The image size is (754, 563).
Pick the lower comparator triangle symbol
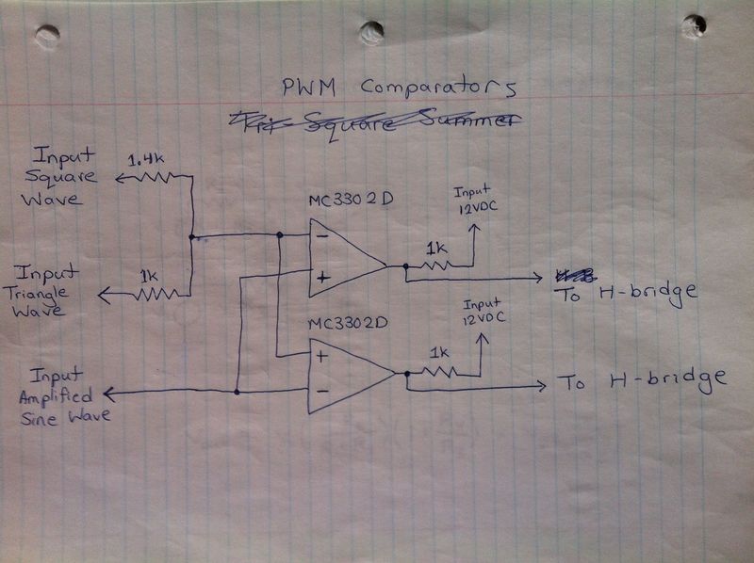350,373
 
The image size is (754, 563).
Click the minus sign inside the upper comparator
323,236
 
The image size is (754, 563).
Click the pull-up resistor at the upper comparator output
436,265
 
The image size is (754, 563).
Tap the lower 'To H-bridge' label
641,381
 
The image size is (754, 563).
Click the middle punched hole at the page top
372,32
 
